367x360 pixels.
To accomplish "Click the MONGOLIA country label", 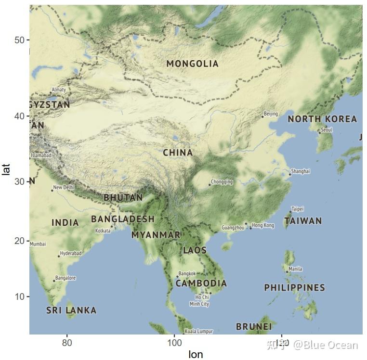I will pyautogui.click(x=192, y=64).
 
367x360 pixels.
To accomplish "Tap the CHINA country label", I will pyautogui.click(x=178, y=153).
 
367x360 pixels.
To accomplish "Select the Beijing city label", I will pyautogui.click(x=271, y=114).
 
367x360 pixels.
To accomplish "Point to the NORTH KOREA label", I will pyautogui.click(x=322, y=119).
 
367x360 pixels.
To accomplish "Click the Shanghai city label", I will pyautogui.click(x=301, y=171).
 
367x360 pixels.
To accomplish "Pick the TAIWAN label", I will pyautogui.click(x=303, y=221).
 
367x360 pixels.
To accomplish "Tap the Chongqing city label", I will pyautogui.click(x=222, y=182).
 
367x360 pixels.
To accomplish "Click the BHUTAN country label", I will pyautogui.click(x=123, y=197).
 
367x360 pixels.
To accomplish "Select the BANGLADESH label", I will pyautogui.click(x=123, y=219).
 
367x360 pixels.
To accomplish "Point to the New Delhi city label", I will pyautogui.click(x=64, y=188).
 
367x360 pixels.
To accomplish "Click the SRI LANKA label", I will pyautogui.click(x=71, y=310).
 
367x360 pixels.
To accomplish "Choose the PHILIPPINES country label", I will pyautogui.click(x=294, y=288).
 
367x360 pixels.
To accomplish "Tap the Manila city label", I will pyautogui.click(x=295, y=269).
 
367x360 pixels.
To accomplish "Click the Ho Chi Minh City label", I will pyautogui.click(x=199, y=301).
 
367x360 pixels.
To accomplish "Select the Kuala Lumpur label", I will pyautogui.click(x=199, y=331).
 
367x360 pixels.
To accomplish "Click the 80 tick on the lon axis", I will pyautogui.click(x=67, y=343).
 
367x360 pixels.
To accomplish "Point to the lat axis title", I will pyautogui.click(x=6, y=169).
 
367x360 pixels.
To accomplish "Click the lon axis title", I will pyautogui.click(x=196, y=355).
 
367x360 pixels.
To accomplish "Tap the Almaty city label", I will pyautogui.click(x=59, y=90).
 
